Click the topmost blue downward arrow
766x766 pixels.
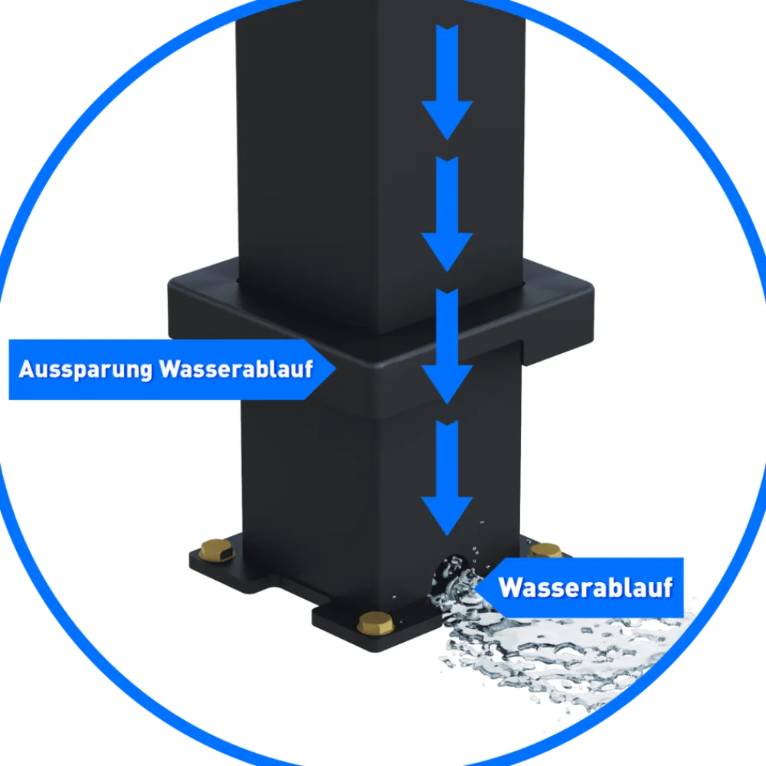point(447,82)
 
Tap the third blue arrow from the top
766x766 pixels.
point(447,346)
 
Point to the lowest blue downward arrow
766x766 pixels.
point(447,478)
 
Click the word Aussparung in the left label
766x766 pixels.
point(86,370)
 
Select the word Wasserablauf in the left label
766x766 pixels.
point(236,369)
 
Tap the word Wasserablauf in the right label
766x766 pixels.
point(586,588)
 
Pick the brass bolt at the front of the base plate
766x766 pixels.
point(375,623)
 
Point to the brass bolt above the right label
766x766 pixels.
point(545,551)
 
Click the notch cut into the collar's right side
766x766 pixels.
point(522,352)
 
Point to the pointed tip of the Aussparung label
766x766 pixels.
point(336,369)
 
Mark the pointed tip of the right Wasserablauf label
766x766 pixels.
point(475,588)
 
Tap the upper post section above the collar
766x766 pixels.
point(381,146)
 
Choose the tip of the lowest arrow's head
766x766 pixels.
point(447,535)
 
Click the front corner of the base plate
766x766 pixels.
point(375,650)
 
